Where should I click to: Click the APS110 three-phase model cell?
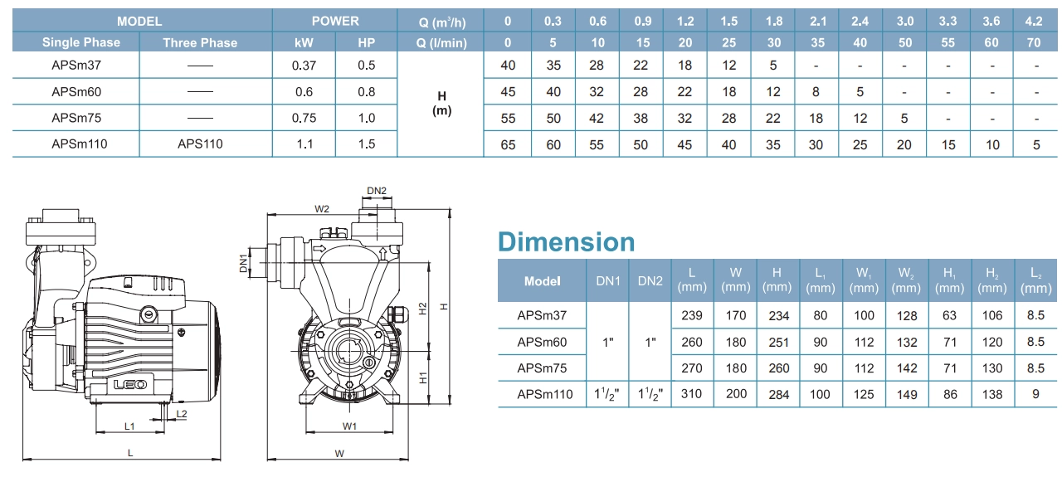tap(200, 144)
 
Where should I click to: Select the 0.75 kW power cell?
tap(304, 118)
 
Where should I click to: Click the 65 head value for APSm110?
tap(508, 144)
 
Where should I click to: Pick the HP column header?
tap(366, 42)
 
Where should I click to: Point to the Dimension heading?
tap(566, 241)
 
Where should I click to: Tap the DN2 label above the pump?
tap(377, 191)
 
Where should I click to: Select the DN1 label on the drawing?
tap(244, 263)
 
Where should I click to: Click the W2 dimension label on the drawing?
tap(323, 208)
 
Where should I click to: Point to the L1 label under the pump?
tap(129, 426)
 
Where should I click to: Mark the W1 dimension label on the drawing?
tap(349, 426)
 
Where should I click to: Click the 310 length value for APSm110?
tap(691, 394)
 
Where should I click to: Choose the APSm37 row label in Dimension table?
tap(541, 315)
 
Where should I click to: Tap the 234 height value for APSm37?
tap(777, 315)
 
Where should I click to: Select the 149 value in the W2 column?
tap(907, 394)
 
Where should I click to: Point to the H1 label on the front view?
tap(422, 377)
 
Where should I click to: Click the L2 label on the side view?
tap(182, 412)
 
